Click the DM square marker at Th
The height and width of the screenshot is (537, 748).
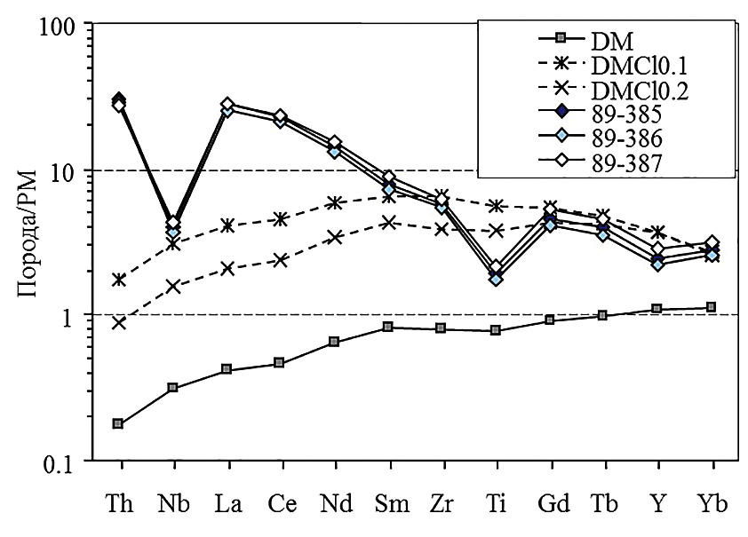(x=118, y=424)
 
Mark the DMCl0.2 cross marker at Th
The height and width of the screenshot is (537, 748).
(x=118, y=322)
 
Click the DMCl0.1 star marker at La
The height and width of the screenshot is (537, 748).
(x=227, y=225)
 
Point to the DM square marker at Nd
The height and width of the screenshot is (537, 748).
(x=334, y=342)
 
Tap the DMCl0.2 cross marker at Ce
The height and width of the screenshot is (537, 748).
(x=280, y=260)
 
